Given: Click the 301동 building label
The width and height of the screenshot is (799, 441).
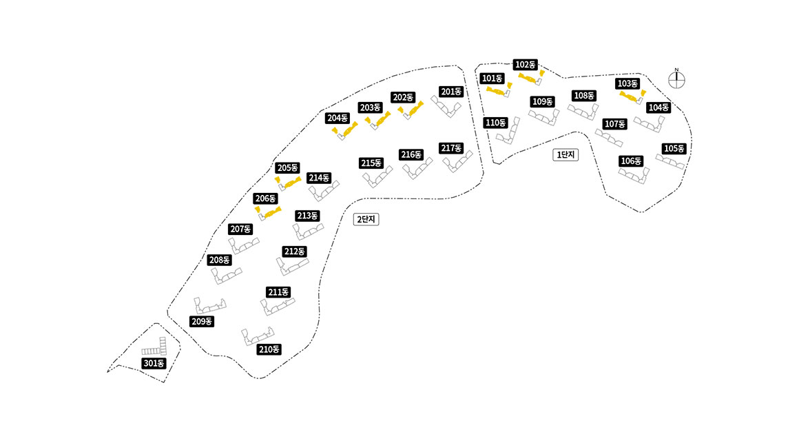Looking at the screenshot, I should [154, 363].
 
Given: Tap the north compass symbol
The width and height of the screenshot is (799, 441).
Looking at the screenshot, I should [677, 79].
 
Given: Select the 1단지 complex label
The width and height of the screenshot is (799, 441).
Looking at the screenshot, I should [566, 155].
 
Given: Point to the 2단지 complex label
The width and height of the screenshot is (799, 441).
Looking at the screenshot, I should [367, 219].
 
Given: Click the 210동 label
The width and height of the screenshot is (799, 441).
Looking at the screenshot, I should [269, 349].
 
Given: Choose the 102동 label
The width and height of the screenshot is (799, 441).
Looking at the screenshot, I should [526, 65].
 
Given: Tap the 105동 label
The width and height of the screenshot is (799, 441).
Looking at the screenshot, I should [674, 149].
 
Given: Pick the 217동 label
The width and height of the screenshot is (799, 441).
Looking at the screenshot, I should [450, 148].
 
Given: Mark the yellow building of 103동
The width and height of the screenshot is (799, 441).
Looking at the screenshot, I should [632, 95].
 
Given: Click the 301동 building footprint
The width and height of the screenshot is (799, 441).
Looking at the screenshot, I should [157, 347].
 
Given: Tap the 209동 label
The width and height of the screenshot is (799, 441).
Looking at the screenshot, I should [202, 322].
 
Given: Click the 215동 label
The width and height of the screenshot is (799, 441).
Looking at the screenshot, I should [371, 163].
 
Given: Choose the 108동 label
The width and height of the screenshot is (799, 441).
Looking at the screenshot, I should [583, 96].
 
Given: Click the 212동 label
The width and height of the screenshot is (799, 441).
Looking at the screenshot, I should [294, 251].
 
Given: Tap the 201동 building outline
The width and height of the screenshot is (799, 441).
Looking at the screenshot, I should [447, 106].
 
